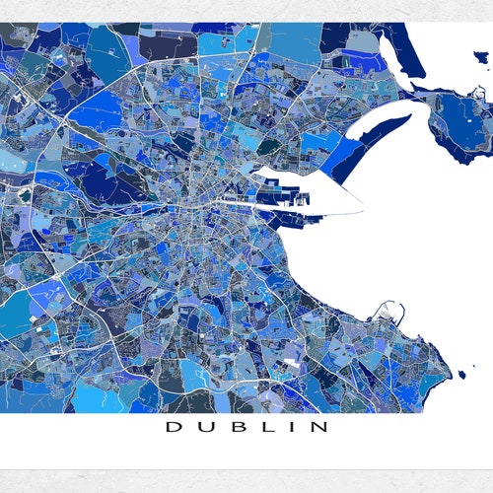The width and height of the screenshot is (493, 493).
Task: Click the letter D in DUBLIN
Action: pos(172,427)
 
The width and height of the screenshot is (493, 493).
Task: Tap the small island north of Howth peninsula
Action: pos(481,92)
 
